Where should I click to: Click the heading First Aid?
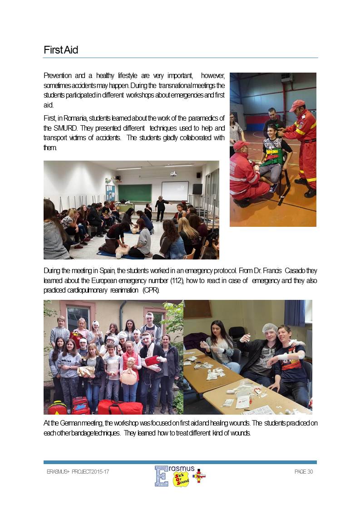pyautogui.click(x=61, y=50)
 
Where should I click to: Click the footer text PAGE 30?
pyautogui.click(x=304, y=472)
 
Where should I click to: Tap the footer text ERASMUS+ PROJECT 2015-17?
pyautogui.click(x=78, y=472)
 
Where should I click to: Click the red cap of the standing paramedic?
pyautogui.click(x=297, y=105)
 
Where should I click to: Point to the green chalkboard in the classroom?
pyautogui.click(x=135, y=192)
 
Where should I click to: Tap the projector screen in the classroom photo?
pyautogui.click(x=175, y=191)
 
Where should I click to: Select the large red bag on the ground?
pyautogui.click(x=120, y=407)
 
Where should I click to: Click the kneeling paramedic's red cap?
pyautogui.click(x=241, y=145)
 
